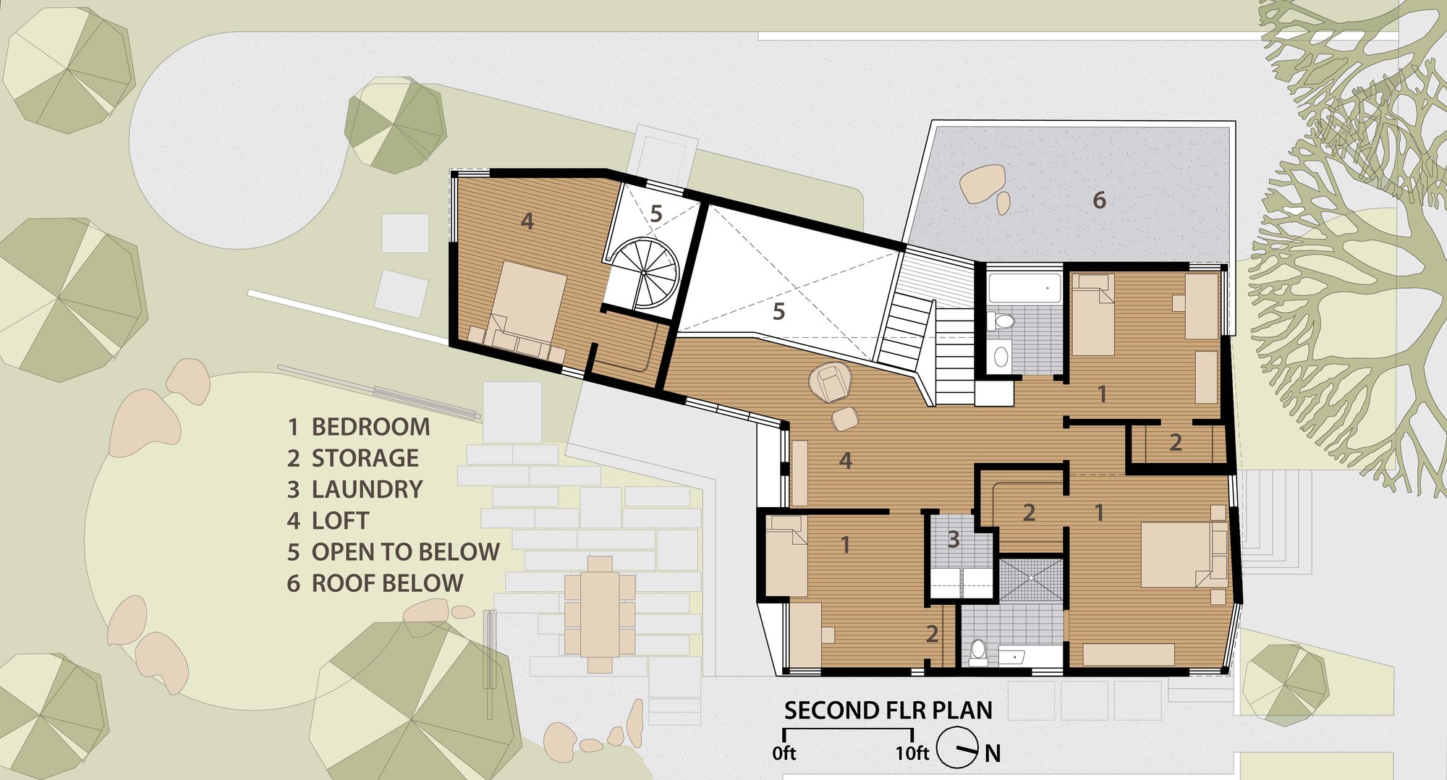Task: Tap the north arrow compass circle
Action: tap(957, 748)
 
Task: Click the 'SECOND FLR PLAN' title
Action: tap(888, 711)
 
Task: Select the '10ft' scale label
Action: tap(912, 753)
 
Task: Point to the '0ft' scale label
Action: tap(784, 753)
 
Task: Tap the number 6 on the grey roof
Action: tap(1099, 200)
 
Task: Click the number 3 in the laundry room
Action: tap(954, 539)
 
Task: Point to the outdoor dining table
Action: tap(600, 614)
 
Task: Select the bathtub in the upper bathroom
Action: tap(1024, 289)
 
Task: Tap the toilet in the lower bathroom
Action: tap(978, 652)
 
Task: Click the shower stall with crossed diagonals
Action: tap(1031, 578)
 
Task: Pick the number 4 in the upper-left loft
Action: tap(527, 221)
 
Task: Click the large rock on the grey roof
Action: tap(982, 183)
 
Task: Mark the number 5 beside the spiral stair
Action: tap(656, 213)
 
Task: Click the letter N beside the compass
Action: tap(993, 754)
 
